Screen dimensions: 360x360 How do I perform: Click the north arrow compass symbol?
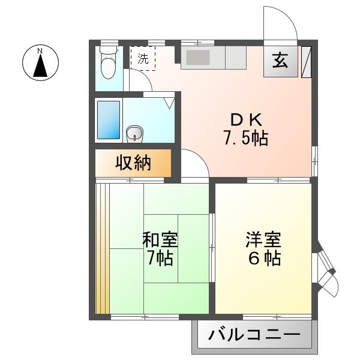(40, 62)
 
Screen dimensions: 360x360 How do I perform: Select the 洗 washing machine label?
(143, 59)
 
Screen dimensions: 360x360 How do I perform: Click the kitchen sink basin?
(197, 58)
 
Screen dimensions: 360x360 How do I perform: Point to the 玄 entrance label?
(280, 61)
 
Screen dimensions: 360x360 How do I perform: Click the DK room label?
(246, 120)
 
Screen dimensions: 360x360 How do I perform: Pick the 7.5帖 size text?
(246, 138)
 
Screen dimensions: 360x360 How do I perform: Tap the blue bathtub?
(109, 120)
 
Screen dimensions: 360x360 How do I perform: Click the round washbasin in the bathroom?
(135, 133)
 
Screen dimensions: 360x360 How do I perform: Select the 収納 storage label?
(133, 163)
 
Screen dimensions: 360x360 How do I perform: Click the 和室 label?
(160, 239)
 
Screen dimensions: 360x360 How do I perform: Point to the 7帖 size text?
(160, 258)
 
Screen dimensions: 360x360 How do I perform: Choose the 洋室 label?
(263, 239)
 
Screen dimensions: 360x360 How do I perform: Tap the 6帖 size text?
(265, 258)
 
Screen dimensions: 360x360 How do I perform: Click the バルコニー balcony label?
(254, 335)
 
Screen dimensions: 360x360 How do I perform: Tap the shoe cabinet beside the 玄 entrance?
(306, 62)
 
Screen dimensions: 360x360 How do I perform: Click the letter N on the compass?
(40, 51)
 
